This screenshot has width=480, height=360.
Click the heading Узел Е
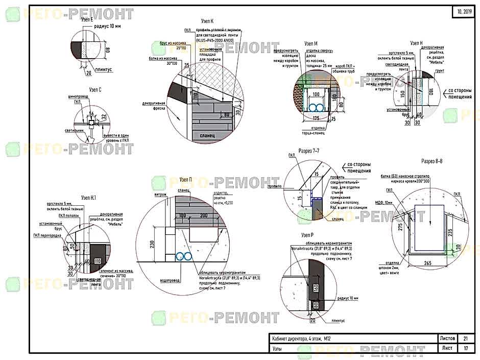point(87,19)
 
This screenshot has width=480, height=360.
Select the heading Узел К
point(207,21)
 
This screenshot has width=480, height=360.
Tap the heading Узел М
point(311,44)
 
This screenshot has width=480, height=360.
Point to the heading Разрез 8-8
point(431,161)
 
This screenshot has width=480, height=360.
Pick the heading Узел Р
point(308,234)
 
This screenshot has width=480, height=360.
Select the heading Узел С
point(95,89)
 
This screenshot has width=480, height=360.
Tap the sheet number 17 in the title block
point(465,348)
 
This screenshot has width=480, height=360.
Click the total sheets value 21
point(465,339)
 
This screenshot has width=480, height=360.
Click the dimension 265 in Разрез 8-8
point(428,263)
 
